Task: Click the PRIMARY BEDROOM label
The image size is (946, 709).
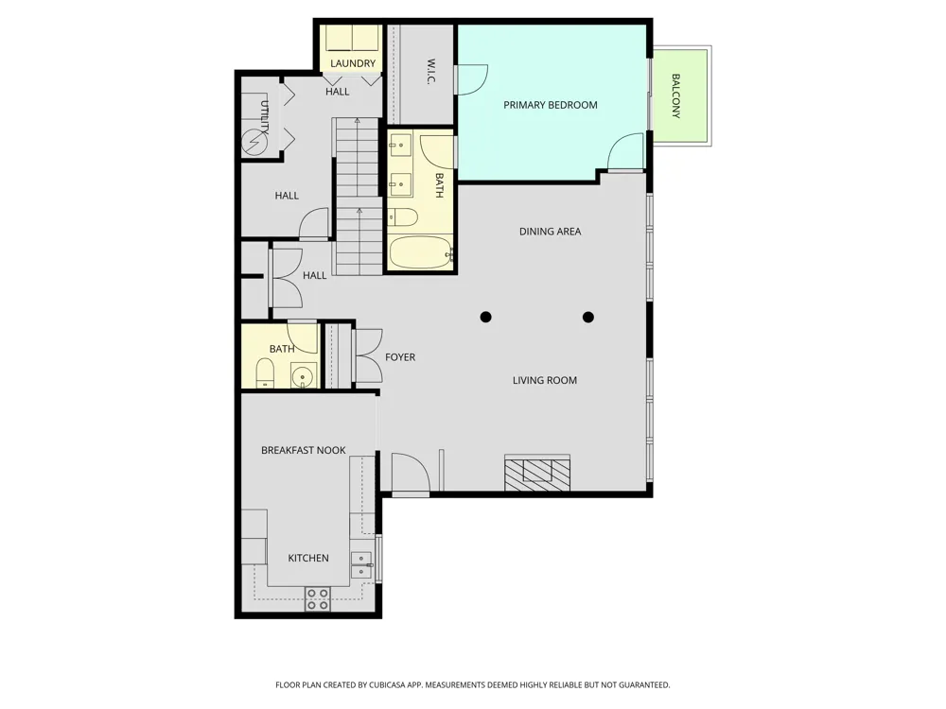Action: coord(551,105)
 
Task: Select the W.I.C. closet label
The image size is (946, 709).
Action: coord(430,71)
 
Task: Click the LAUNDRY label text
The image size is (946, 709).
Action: coord(353,63)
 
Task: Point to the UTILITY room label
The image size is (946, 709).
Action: coord(264,117)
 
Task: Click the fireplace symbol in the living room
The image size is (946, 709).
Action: coord(537,472)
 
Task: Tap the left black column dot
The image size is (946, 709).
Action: coord(485,317)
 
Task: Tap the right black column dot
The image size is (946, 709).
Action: coord(588,317)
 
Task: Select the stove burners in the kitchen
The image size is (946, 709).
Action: coord(317,598)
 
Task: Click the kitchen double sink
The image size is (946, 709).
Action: coord(361,565)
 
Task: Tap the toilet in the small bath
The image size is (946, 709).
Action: coord(265,372)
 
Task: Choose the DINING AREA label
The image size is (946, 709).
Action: coord(551,232)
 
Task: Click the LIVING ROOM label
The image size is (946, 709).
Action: coord(545,380)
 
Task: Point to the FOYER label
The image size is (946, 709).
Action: coord(400,357)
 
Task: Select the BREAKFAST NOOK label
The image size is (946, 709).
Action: coord(304,450)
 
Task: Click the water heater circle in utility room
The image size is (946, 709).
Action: coord(254,143)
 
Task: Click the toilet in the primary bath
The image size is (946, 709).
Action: coord(402,217)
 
